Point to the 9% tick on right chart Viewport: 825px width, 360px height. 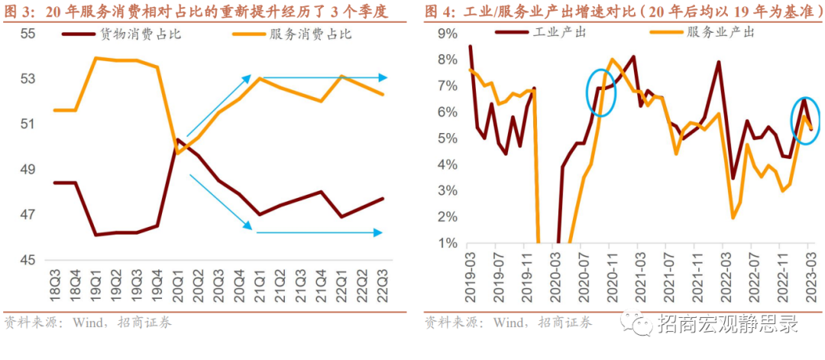pyautogui.click(x=446, y=34)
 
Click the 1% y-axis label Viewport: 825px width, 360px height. pyautogui.click(x=446, y=244)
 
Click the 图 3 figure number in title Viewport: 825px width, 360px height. pyautogui.click(x=18, y=11)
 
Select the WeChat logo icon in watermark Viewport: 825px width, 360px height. pyautogui.click(x=636, y=324)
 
